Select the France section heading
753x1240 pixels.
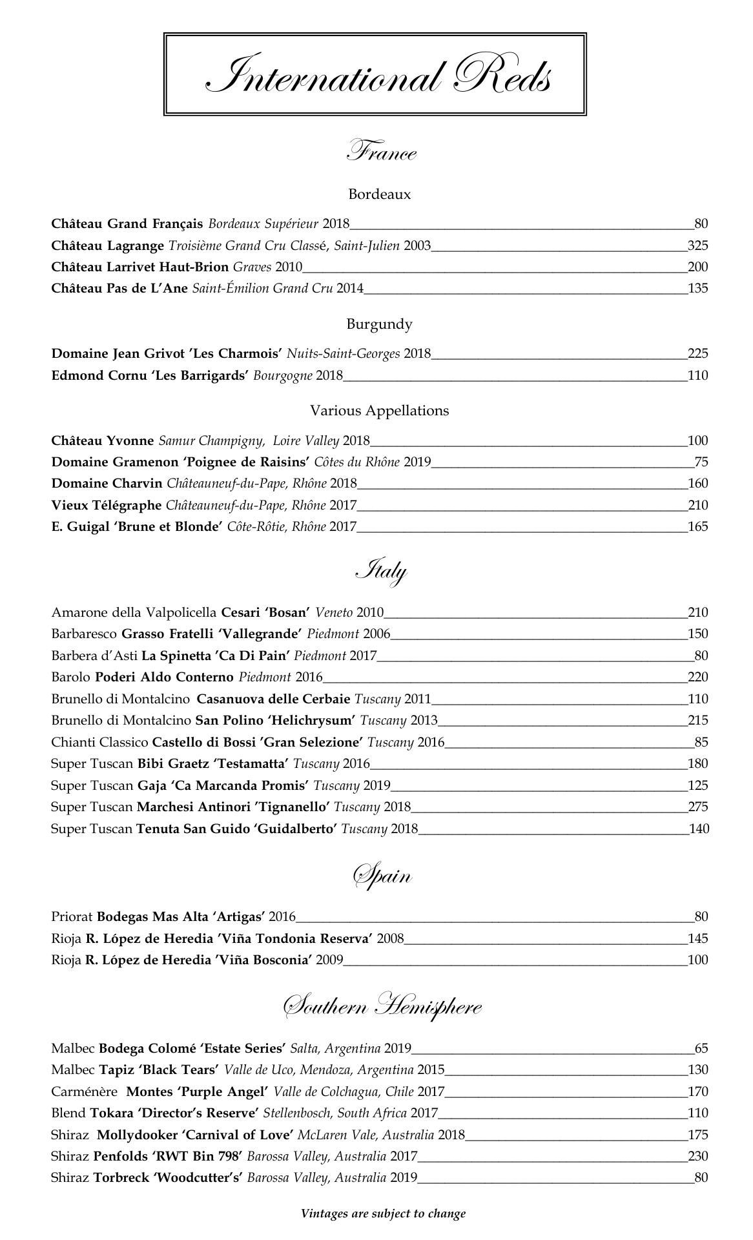(x=381, y=152)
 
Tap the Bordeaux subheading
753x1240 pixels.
(x=379, y=194)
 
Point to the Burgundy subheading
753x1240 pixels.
(x=379, y=324)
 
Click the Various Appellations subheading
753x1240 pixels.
(x=379, y=411)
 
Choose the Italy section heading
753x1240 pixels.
(x=381, y=572)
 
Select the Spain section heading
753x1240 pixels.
(x=381, y=876)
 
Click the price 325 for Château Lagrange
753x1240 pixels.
(x=697, y=245)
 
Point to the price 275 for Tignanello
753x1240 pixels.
(x=697, y=807)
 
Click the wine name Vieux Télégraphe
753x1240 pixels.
(x=107, y=505)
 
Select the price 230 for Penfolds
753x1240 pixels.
(x=697, y=1156)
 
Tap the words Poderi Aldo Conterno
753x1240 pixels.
(x=164, y=677)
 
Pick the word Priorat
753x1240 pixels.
(x=72, y=917)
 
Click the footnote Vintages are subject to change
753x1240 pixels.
(x=383, y=1214)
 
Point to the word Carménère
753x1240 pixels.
(x=84, y=1091)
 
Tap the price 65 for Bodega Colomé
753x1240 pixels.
(x=701, y=1048)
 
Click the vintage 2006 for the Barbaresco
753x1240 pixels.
(x=376, y=634)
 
